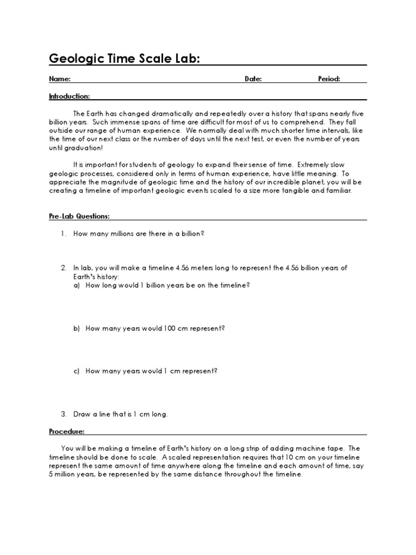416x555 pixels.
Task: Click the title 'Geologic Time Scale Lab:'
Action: point(124,58)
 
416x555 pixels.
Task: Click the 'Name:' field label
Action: point(60,79)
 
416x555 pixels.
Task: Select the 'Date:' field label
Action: point(253,79)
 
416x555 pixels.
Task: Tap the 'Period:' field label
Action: point(329,79)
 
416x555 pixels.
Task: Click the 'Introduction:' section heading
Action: point(69,96)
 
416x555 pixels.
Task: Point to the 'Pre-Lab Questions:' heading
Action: point(79,216)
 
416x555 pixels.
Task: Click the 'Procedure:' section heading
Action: point(67,431)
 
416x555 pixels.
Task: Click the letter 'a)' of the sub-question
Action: point(77,285)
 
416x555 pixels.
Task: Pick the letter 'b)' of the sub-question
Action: point(77,328)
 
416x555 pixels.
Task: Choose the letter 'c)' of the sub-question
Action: point(77,371)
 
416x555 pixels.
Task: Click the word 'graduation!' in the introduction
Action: point(83,147)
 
